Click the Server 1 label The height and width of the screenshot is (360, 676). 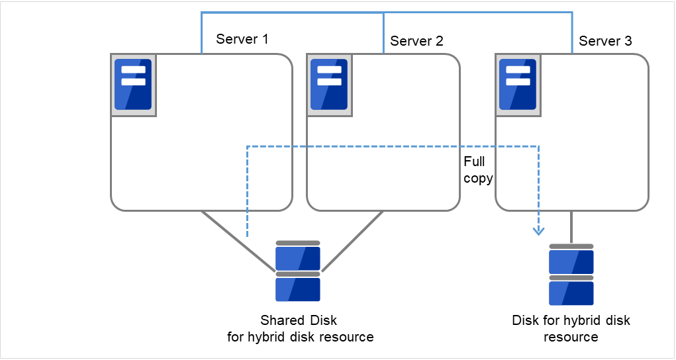242,39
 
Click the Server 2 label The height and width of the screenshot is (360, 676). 416,41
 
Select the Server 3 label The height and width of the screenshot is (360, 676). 605,41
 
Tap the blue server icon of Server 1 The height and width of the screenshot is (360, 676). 133,85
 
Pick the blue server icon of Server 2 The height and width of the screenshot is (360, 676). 329,85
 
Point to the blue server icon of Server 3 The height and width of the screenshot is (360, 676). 517,85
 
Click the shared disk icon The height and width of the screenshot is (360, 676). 298,271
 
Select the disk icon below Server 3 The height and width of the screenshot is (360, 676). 571,275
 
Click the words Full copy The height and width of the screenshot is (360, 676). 477,170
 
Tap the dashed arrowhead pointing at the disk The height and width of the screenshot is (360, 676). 539,230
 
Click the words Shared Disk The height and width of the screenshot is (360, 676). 298,320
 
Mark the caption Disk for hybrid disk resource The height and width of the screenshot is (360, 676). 571,328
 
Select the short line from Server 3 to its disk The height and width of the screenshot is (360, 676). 571,227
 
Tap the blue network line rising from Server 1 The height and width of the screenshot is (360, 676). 201,33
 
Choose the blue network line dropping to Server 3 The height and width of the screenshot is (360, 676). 572,33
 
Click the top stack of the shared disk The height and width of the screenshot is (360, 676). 298,256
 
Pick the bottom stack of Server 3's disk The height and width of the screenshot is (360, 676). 571,292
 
